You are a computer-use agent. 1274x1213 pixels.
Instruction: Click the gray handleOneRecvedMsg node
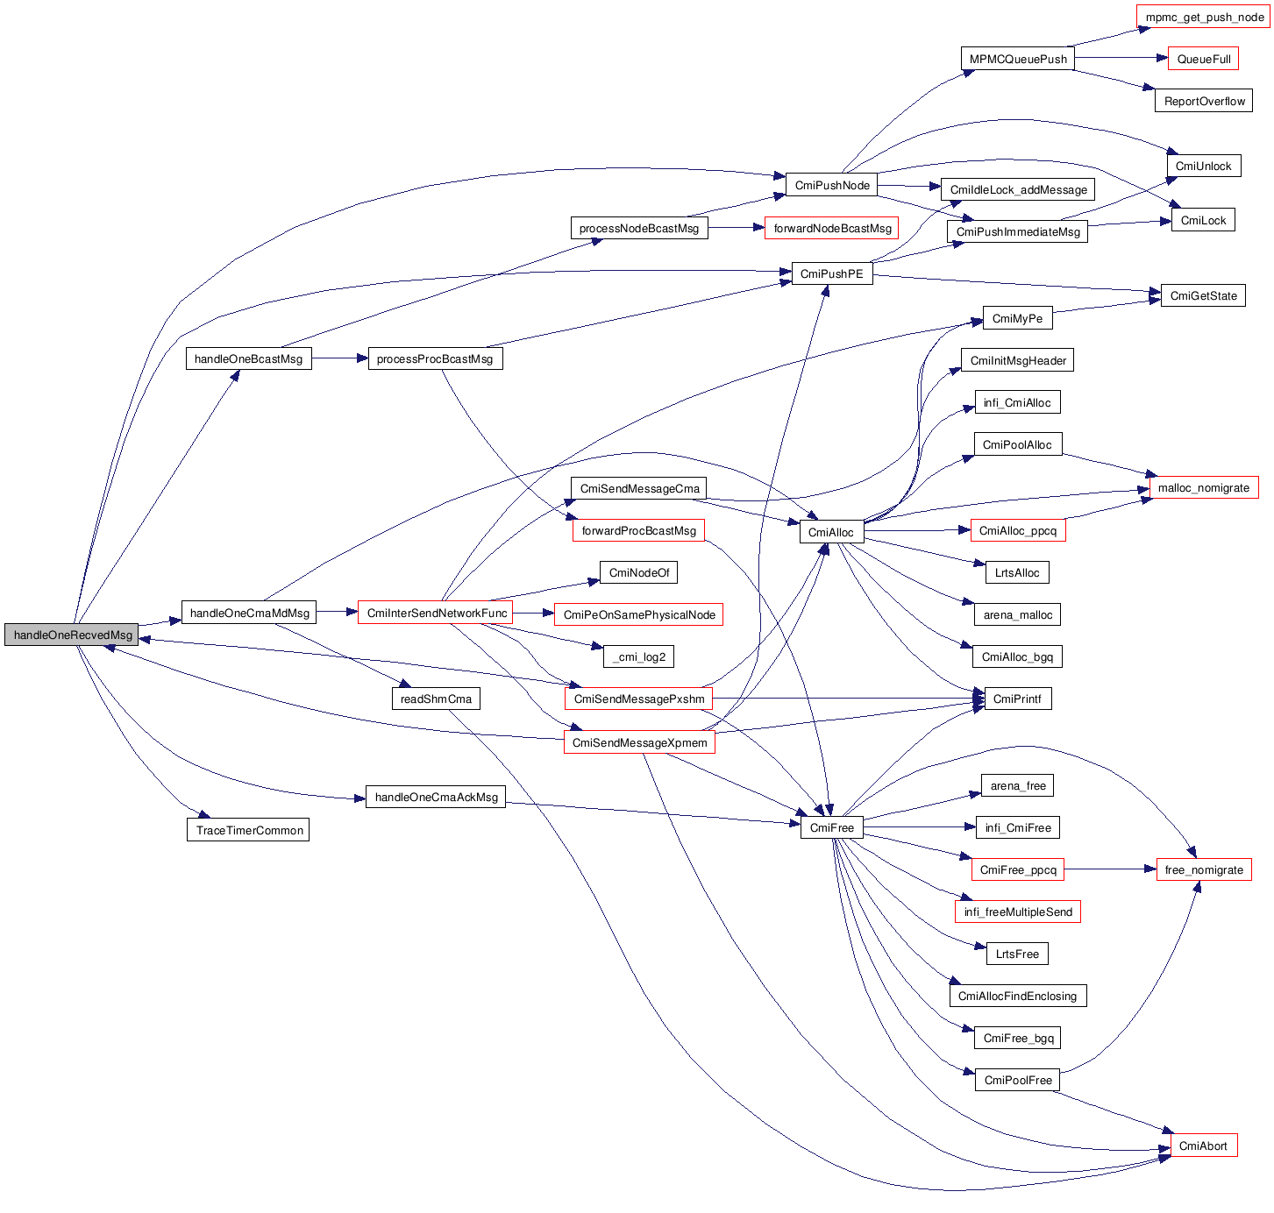click(x=72, y=635)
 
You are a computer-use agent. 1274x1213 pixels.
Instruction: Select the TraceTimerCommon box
click(x=248, y=830)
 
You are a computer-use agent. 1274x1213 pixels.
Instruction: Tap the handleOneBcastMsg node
click(x=248, y=358)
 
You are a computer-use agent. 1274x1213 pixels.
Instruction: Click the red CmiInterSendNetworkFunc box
click(x=436, y=613)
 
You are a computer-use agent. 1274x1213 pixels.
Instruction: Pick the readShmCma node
click(x=436, y=699)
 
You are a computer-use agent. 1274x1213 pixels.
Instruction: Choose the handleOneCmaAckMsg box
click(x=436, y=797)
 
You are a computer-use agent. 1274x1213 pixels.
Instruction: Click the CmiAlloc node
click(x=830, y=532)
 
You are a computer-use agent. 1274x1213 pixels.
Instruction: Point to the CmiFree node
click(x=831, y=827)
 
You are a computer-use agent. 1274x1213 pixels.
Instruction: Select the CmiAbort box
click(x=1203, y=1146)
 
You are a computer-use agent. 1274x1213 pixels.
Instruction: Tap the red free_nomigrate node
click(x=1204, y=869)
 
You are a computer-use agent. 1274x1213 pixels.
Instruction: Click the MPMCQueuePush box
click(x=1017, y=59)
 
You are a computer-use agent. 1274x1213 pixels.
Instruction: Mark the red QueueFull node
click(x=1203, y=59)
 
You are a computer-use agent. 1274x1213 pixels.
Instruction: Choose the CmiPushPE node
click(x=831, y=273)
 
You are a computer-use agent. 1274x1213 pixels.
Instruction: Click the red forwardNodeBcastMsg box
click(x=831, y=228)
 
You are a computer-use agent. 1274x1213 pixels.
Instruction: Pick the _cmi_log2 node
click(x=639, y=656)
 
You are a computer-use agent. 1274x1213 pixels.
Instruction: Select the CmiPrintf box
click(x=1017, y=699)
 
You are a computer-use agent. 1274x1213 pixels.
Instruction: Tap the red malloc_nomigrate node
click(x=1203, y=487)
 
